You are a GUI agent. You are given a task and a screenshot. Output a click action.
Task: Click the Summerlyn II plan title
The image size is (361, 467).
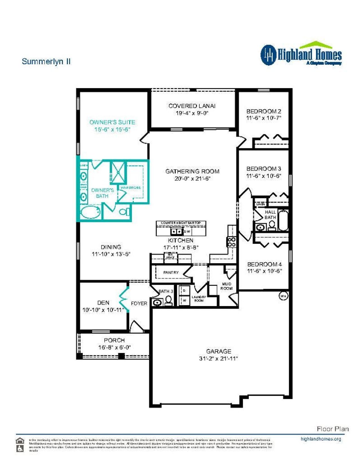(x=46, y=61)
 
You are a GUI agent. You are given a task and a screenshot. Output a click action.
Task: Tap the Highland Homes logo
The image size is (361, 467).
(x=301, y=54)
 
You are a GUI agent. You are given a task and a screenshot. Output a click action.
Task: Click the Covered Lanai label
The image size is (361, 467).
(x=192, y=106)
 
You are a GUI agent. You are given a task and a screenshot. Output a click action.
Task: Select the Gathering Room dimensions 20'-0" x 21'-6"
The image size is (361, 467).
(x=192, y=179)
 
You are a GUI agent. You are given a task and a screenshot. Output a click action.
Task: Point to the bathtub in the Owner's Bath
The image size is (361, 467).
(x=91, y=212)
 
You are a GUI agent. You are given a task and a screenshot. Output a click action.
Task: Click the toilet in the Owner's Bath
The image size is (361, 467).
(x=124, y=211)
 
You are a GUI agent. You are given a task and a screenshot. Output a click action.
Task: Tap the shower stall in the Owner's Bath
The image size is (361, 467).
(x=118, y=172)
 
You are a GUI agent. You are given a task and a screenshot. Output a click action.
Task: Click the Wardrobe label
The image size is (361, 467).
(x=131, y=188)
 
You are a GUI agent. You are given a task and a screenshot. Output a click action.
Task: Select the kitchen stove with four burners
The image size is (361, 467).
(x=231, y=242)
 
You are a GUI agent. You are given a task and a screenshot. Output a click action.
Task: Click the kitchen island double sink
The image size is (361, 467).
(x=177, y=232)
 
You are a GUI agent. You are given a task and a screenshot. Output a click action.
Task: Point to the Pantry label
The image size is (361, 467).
(x=171, y=272)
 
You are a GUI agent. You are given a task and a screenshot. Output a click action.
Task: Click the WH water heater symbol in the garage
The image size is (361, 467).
(x=283, y=296)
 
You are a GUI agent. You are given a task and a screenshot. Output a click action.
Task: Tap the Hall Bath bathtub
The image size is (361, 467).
(x=283, y=220)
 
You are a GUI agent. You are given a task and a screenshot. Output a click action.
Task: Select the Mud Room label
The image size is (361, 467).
(x=226, y=286)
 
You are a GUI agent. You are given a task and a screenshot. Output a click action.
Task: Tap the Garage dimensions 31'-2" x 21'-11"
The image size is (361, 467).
(x=219, y=358)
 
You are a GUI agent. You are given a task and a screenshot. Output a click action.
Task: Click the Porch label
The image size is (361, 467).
(x=114, y=340)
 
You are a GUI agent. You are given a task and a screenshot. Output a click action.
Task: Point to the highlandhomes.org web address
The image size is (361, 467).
(x=321, y=439)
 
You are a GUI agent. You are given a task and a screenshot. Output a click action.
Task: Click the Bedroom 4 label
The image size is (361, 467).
(x=264, y=264)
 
